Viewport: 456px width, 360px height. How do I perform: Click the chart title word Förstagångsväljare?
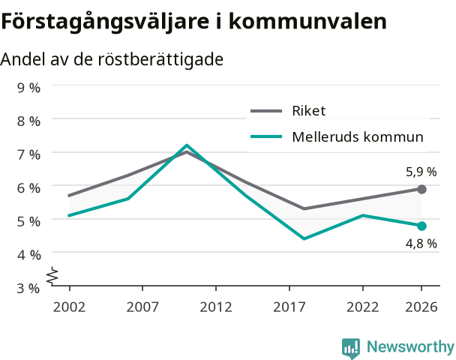pyautogui.click(x=105, y=22)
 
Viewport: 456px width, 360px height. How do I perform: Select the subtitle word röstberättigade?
pyautogui.click(x=160, y=59)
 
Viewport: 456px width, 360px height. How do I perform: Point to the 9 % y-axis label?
pyautogui.click(x=28, y=88)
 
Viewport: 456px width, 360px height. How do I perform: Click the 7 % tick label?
pyautogui.click(x=28, y=154)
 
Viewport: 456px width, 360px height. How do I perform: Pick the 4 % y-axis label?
pyautogui.click(x=28, y=255)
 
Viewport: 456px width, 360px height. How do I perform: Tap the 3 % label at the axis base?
pyautogui.click(x=28, y=289)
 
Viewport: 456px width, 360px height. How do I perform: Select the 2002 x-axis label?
pyautogui.click(x=69, y=307)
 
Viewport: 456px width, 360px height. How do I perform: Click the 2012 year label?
pyautogui.click(x=216, y=307)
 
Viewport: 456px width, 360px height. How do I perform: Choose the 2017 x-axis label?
pyautogui.click(x=289, y=307)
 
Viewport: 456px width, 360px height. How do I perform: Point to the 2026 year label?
pyautogui.click(x=421, y=307)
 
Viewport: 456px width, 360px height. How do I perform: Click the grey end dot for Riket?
pyautogui.click(x=421, y=189)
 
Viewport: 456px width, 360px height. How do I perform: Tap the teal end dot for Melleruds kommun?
pyautogui.click(x=421, y=226)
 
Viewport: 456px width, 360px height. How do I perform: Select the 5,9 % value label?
pyautogui.click(x=421, y=172)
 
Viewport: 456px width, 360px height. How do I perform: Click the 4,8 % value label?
pyautogui.click(x=421, y=244)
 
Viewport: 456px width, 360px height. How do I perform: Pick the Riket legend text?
pyautogui.click(x=309, y=111)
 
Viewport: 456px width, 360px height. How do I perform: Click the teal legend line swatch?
pyautogui.click(x=266, y=136)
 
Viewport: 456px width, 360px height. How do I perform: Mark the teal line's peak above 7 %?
pyautogui.click(x=187, y=145)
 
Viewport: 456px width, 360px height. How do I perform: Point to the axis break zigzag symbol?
pyautogui.click(x=52, y=275)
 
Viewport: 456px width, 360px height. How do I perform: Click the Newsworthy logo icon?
pyautogui.click(x=351, y=348)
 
